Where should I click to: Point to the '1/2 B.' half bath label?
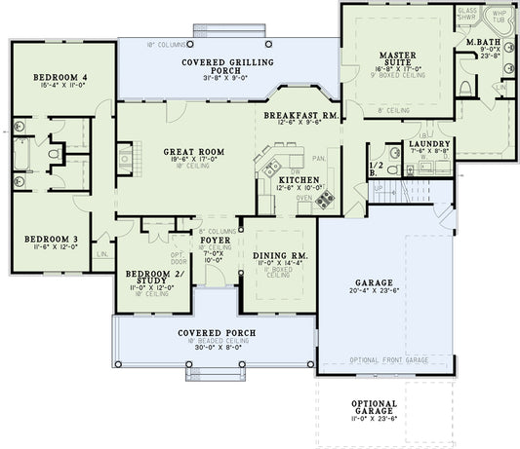(376, 167)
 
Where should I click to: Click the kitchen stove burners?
(324, 200)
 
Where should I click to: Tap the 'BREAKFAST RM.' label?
(300, 114)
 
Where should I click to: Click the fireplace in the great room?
(125, 159)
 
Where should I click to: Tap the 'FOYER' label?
(215, 240)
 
